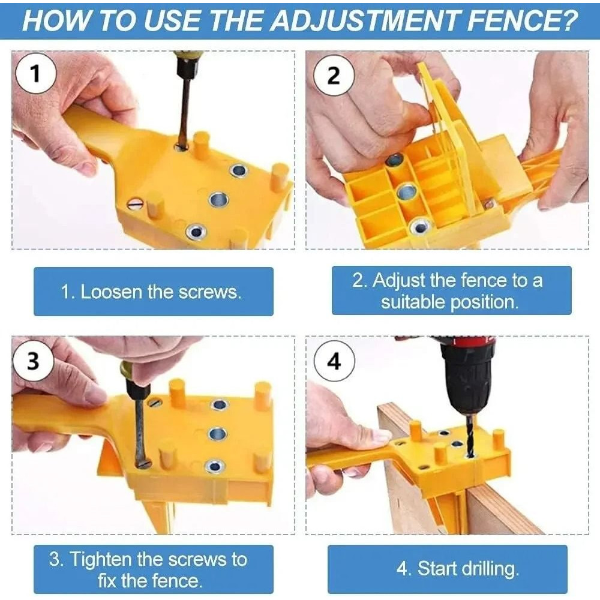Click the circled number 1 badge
35,74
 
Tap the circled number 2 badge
334,76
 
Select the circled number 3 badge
34,361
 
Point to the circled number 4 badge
334,362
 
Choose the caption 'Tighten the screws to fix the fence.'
148,570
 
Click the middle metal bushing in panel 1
217,199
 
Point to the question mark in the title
569,20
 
